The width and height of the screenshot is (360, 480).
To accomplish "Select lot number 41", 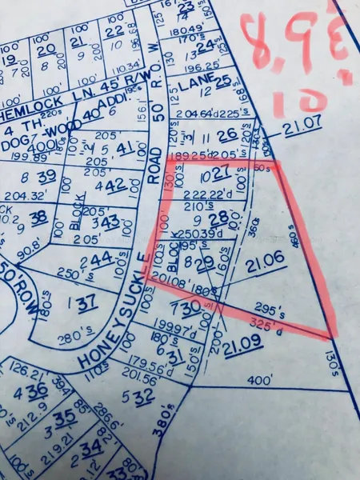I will click(x=125, y=148).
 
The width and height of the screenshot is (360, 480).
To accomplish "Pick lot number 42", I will click(x=117, y=184).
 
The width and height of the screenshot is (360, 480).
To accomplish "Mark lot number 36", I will click(x=36, y=390).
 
